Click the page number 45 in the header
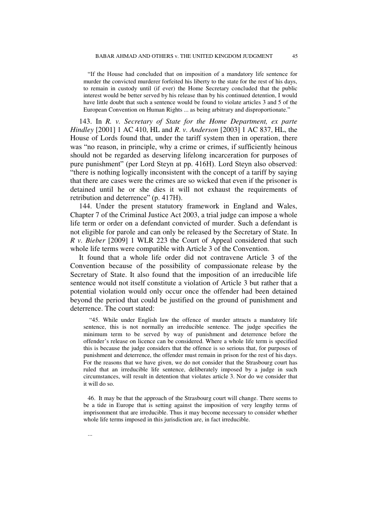coord(295,56)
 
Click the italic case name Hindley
coord(82,130)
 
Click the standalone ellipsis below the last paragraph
coord(90,435)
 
